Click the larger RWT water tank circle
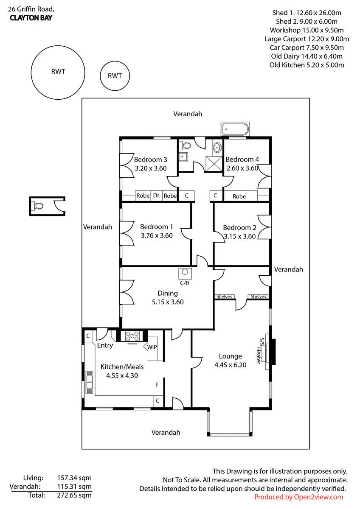[x=31, y=73]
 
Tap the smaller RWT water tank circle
[x=100, y=76]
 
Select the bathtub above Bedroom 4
[x=235, y=129]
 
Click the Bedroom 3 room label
[x=150, y=159]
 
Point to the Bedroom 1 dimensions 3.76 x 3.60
[x=157, y=235]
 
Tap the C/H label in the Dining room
[x=185, y=283]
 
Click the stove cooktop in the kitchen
[x=132, y=336]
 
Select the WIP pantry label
[x=152, y=347]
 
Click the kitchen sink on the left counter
[x=89, y=383]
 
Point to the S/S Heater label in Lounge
[x=260, y=351]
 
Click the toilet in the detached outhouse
[x=38, y=206]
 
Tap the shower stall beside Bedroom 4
[x=214, y=164]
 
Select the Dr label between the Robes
[x=156, y=196]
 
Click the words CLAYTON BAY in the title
[x=31, y=18]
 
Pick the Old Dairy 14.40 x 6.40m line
[x=307, y=56]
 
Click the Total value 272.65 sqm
[x=74, y=495]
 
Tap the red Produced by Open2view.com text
[x=298, y=497]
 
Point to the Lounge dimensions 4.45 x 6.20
[x=231, y=365]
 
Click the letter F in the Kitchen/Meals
[x=157, y=385]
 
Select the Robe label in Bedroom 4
[x=239, y=196]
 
